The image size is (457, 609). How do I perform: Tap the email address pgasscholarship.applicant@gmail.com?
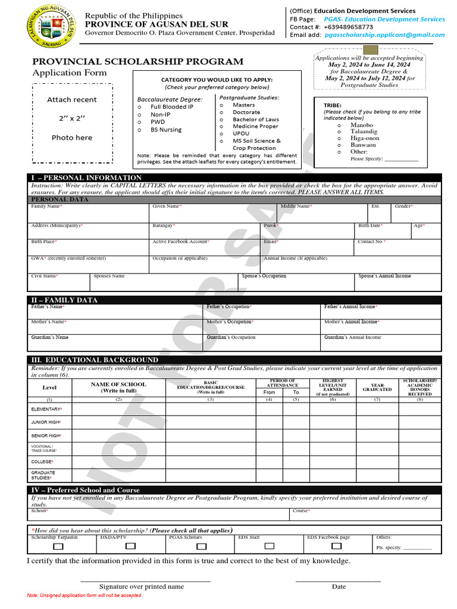(x=384, y=35)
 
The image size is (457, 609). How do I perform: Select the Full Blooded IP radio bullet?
(x=139, y=107)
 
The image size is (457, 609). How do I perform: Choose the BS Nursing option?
(x=139, y=130)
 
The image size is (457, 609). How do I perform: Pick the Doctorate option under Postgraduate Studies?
(x=221, y=112)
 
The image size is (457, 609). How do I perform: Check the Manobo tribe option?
(x=339, y=125)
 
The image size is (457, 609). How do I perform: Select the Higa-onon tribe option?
(x=339, y=139)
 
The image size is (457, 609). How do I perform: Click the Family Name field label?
(x=46, y=206)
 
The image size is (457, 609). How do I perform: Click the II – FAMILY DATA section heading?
(x=64, y=300)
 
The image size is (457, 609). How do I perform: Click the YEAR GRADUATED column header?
(x=377, y=387)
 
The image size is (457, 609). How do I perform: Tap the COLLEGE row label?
(x=42, y=462)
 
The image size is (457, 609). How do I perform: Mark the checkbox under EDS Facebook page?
(x=337, y=546)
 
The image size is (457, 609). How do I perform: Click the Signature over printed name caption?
(x=142, y=586)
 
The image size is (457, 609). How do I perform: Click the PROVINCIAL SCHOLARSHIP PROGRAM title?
(x=137, y=62)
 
